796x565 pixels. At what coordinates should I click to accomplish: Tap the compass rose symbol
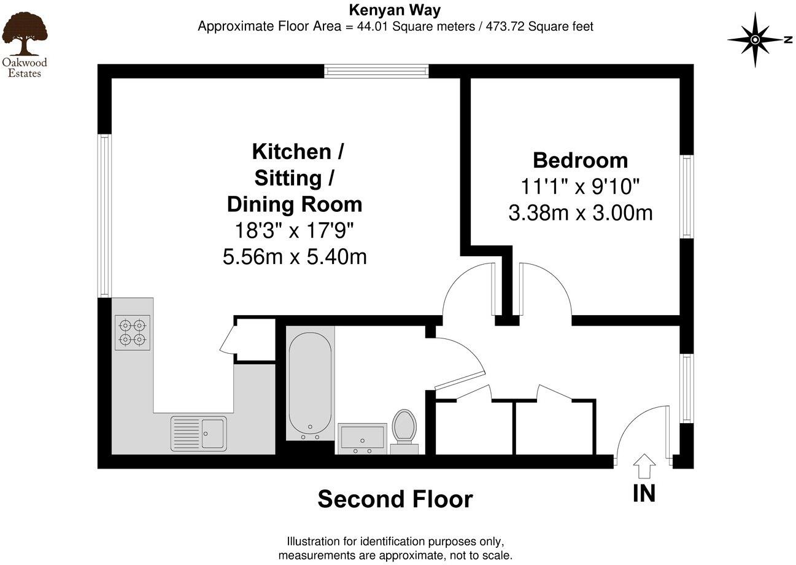[756, 39]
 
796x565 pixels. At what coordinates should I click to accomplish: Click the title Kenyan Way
[395, 10]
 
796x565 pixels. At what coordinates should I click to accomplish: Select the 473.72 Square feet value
[539, 26]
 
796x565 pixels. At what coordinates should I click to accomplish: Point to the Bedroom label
[580, 160]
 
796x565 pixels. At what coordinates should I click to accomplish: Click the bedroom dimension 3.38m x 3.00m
[580, 213]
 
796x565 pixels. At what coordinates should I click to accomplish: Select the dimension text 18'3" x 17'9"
[295, 230]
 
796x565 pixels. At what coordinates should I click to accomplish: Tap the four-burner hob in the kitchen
[133, 332]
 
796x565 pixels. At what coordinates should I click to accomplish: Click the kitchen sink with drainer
[198, 432]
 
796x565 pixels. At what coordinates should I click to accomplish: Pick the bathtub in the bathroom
[310, 383]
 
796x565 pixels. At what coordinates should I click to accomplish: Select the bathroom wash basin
[362, 438]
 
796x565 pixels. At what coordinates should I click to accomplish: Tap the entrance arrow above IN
[644, 466]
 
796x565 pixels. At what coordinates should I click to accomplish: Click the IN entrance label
[644, 493]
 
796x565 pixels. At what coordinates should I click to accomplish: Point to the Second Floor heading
[395, 499]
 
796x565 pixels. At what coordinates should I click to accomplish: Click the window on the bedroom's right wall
[686, 197]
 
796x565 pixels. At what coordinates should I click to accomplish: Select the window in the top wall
[376, 71]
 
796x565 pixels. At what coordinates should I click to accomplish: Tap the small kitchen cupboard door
[226, 340]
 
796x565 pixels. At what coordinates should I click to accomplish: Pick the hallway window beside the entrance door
[686, 388]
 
